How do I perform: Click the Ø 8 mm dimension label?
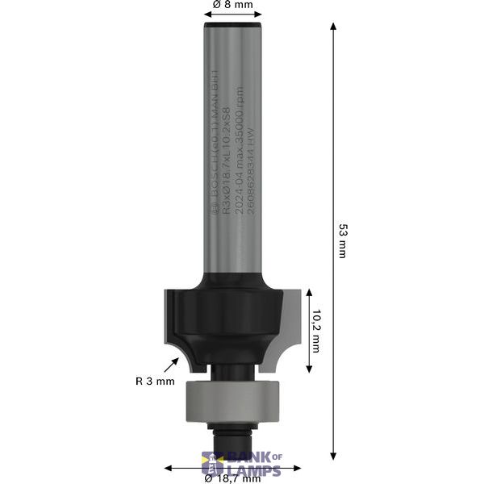pos(232,6)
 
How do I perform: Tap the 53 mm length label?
pos(341,240)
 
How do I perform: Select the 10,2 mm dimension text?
pos(316,333)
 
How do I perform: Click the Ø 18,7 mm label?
pos(232,478)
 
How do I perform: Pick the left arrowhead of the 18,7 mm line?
pos(168,468)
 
